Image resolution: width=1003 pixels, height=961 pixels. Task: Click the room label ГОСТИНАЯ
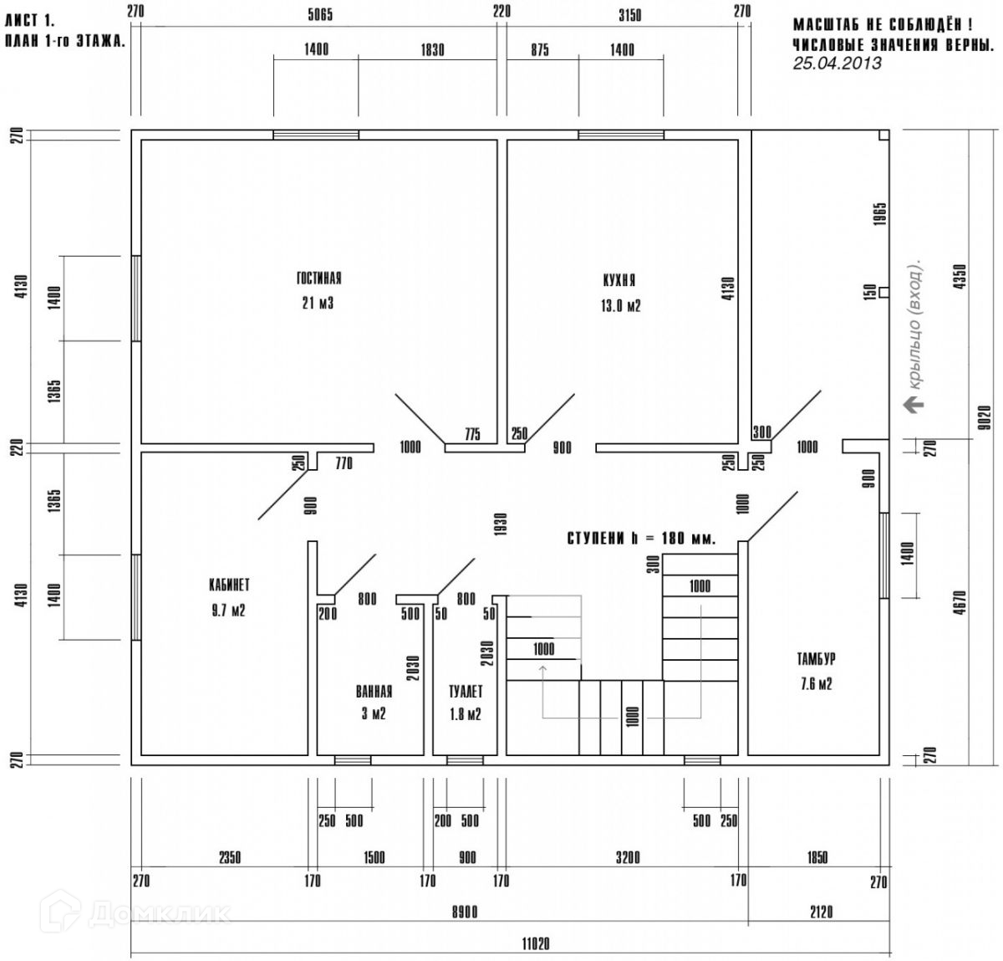[x=318, y=279]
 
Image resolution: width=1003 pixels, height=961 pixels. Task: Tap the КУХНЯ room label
[x=619, y=281]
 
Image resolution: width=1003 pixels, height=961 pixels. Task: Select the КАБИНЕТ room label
[x=229, y=585]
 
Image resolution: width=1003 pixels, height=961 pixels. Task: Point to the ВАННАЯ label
[x=374, y=692]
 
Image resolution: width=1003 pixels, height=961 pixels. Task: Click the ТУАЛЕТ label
[x=466, y=692]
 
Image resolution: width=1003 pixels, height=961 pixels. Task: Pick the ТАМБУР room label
[x=816, y=659]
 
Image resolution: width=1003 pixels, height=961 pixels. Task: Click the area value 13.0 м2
[x=619, y=306]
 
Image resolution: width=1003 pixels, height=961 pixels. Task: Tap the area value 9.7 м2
[x=229, y=611]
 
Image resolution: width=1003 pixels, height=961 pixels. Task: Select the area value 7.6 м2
[x=816, y=684]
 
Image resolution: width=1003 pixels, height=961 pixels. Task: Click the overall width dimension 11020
[x=535, y=944]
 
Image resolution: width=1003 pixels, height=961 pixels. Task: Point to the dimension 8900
[x=465, y=912]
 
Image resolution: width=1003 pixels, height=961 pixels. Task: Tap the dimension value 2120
[x=822, y=912]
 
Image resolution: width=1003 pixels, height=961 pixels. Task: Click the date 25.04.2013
[x=836, y=64]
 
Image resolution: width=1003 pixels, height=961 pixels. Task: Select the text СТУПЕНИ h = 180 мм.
[x=641, y=539]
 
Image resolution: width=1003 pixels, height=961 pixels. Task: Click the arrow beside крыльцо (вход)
[x=914, y=405]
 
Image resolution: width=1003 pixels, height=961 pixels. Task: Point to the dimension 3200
[x=628, y=857]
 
